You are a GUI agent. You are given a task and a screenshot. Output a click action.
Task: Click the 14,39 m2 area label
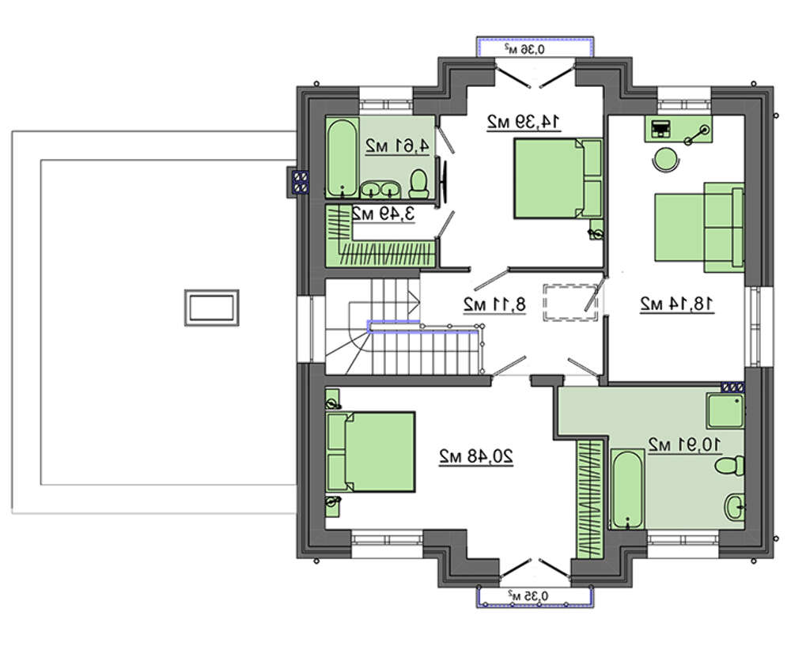coord(524,122)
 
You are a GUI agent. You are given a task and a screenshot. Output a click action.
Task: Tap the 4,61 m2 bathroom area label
coord(397,146)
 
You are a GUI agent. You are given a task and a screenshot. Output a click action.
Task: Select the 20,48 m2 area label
coord(475,456)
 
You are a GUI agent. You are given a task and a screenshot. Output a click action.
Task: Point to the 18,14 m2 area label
coord(677,304)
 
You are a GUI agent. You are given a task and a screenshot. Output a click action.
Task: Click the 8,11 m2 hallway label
coord(494,304)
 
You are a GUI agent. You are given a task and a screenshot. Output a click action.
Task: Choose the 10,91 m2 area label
coord(684,444)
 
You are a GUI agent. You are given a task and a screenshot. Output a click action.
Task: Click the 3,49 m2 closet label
coord(383,214)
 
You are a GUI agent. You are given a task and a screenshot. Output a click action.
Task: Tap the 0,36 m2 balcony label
coord(524,49)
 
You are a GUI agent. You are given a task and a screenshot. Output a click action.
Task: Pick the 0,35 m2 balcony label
coord(528,595)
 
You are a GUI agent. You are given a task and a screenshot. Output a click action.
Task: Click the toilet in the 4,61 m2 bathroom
coord(418,183)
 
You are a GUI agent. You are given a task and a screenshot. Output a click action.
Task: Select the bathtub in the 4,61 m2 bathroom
coord(342,158)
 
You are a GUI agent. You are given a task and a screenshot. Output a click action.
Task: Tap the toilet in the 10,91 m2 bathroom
coord(729,465)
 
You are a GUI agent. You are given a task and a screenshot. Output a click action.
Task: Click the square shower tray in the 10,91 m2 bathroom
coord(725,410)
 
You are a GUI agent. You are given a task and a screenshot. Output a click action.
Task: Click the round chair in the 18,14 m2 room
coord(666,159)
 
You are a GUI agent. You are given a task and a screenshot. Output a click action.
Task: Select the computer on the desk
coord(660,129)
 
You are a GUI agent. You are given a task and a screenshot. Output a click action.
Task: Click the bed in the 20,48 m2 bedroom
coord(371,452)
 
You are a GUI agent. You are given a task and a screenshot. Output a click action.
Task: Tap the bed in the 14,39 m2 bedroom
coord(558,179)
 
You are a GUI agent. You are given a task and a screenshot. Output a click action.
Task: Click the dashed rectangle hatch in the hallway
coord(570,302)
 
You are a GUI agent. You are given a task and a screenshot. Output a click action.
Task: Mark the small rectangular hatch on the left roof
coord(211,308)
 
